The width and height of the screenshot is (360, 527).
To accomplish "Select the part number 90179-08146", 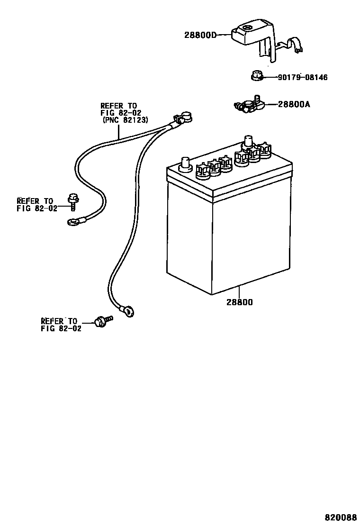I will click(x=302, y=77).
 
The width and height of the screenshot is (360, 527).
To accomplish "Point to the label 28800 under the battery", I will click(x=239, y=302).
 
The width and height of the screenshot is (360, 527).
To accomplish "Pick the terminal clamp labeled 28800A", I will click(x=247, y=106).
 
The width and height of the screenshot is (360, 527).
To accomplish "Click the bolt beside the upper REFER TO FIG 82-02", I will click(x=73, y=201).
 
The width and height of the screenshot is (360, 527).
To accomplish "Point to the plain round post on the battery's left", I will click(x=185, y=163).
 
